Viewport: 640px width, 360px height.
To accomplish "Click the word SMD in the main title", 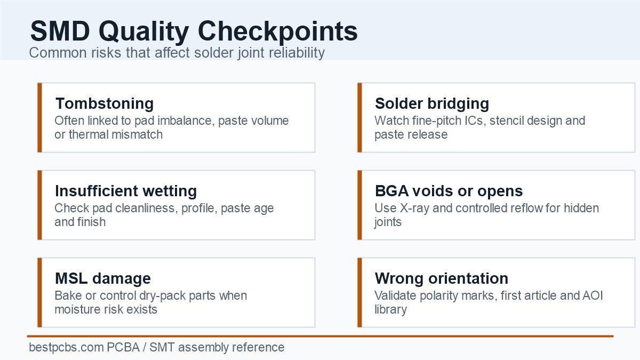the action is (60, 31).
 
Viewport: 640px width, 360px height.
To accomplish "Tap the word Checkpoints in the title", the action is (277, 32).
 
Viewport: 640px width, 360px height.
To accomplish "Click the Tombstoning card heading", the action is (105, 103).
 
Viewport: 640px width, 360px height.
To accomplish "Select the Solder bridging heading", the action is (431, 103).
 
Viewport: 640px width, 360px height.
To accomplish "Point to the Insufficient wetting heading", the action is (126, 191).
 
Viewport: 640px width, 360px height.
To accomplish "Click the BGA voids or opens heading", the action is (449, 191).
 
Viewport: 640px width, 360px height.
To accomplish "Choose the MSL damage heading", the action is (103, 278).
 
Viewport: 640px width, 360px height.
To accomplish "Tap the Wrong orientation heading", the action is (442, 278).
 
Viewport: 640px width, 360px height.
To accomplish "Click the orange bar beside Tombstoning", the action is (39, 118).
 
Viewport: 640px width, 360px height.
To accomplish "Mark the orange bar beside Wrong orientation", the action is (359, 293).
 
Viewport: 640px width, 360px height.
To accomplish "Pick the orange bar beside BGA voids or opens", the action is (359, 205).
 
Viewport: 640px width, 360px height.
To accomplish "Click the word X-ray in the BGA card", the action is (414, 209).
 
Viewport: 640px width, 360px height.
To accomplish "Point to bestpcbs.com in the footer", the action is (66, 347).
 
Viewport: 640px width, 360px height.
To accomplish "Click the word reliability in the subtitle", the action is (297, 53).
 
